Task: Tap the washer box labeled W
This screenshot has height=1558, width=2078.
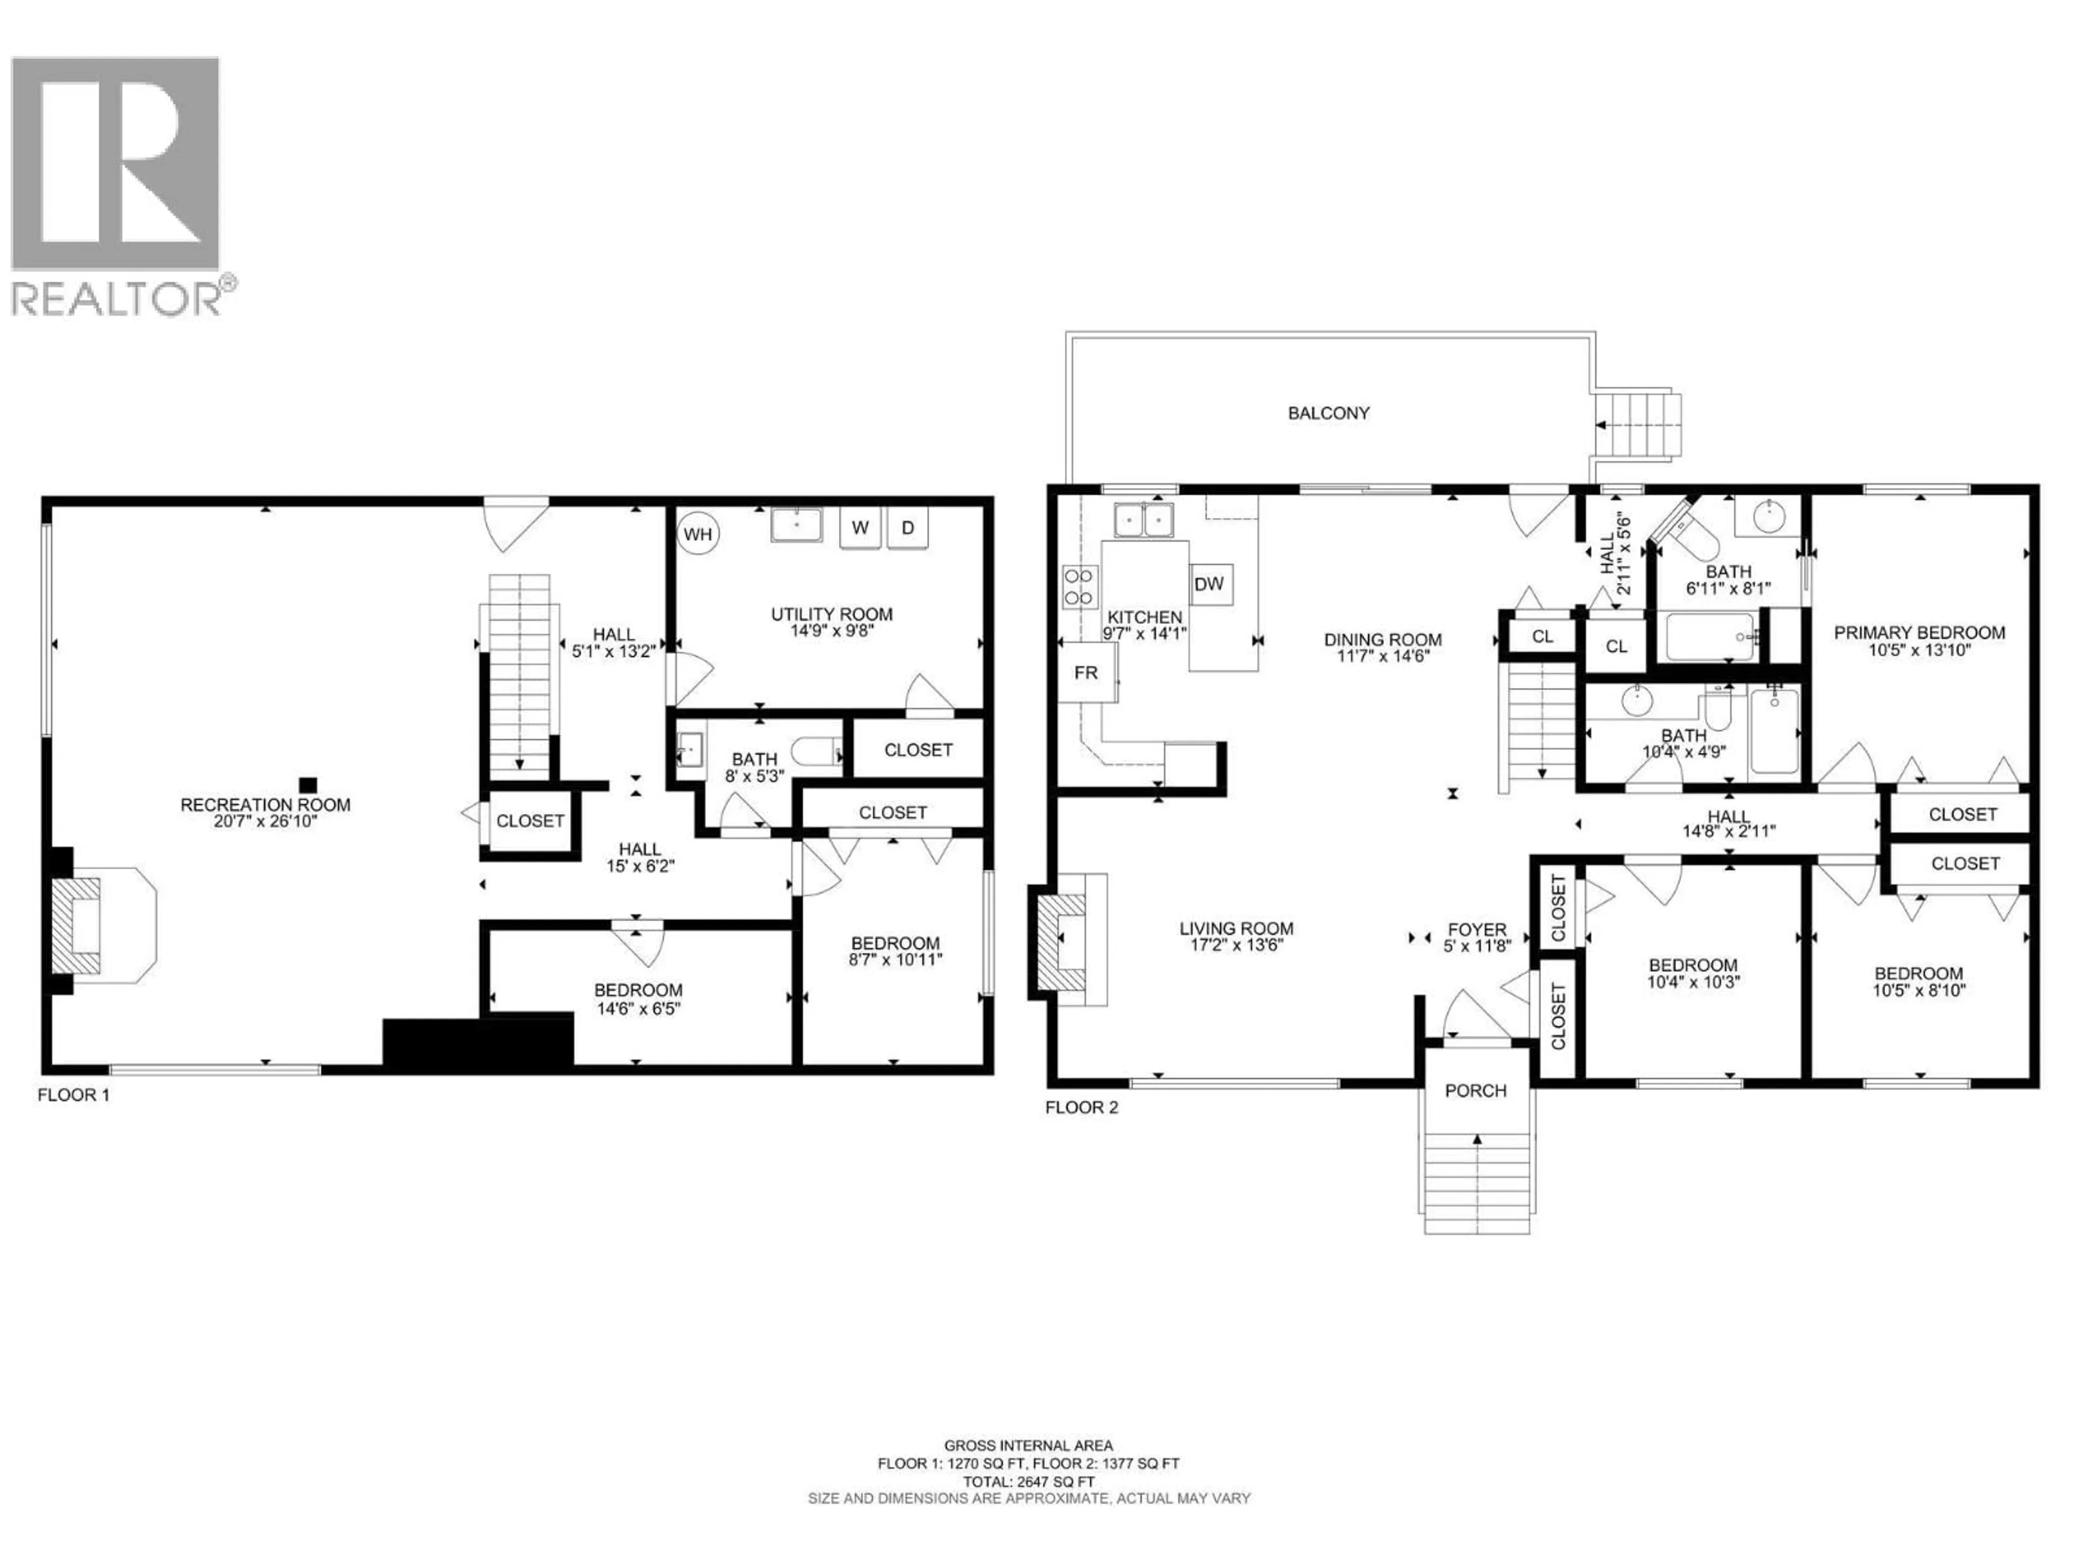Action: point(859,528)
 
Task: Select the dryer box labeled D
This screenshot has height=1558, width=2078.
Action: point(908,528)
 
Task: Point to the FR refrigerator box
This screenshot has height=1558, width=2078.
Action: point(1086,672)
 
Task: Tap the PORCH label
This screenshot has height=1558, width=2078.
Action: point(1476,1090)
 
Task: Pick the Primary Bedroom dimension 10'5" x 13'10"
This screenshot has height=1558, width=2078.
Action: point(1919,650)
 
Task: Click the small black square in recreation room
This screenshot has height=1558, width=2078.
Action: point(308,784)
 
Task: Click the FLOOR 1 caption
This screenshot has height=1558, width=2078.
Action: point(73,1095)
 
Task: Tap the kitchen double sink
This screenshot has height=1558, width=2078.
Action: point(1143,519)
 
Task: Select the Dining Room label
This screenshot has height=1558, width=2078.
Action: point(1383,639)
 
